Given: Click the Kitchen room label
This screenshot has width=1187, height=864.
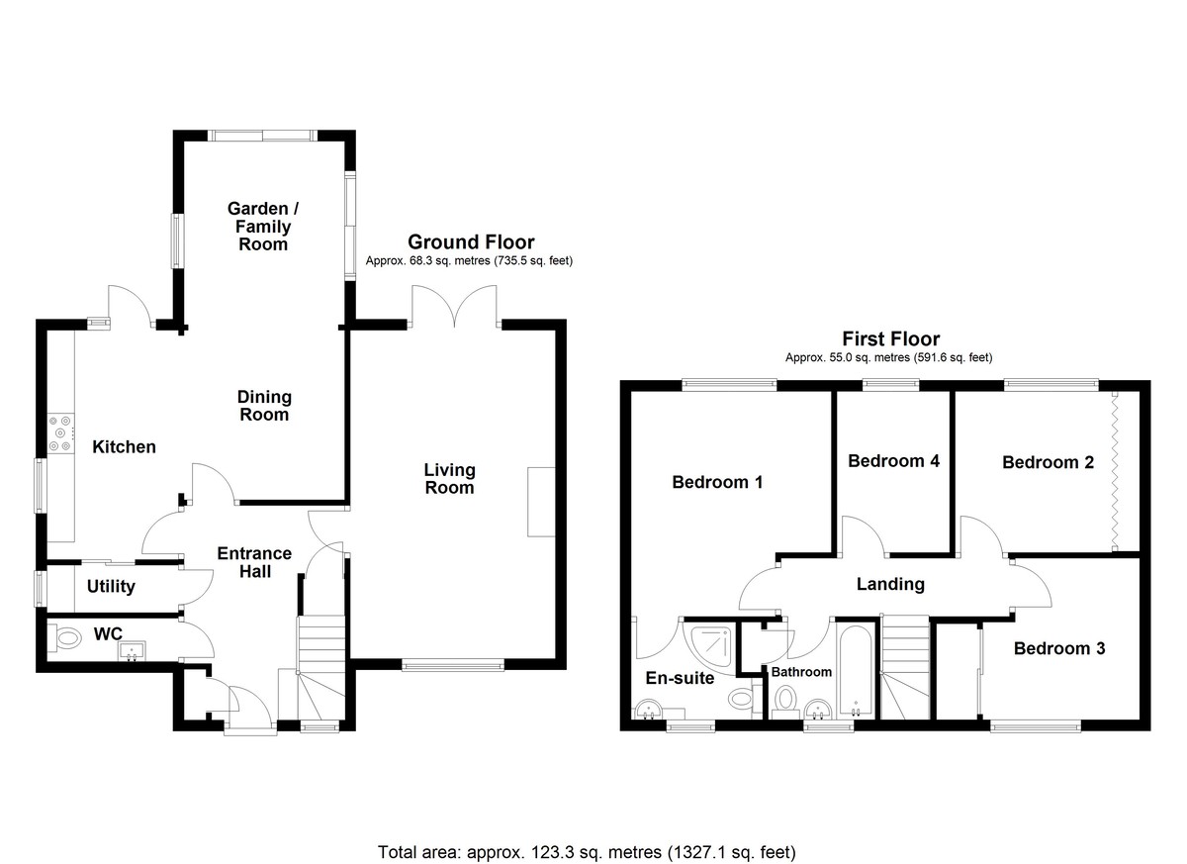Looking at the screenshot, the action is [x=124, y=446].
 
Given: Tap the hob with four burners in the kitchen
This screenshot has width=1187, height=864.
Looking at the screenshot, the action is [x=60, y=433].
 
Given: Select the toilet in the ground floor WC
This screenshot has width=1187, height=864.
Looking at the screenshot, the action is [x=64, y=638].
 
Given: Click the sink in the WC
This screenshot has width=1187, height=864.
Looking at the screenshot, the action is [x=132, y=650].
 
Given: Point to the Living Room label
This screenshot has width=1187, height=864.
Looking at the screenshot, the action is [x=449, y=479].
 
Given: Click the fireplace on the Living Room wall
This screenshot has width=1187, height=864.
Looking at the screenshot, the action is [x=541, y=502].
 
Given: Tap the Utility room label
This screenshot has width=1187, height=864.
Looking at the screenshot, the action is [x=111, y=586].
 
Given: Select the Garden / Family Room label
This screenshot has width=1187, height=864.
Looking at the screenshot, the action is [x=263, y=227].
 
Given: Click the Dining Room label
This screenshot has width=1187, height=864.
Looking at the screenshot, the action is [x=264, y=406].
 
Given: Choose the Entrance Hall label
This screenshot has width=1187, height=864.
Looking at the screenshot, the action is [x=254, y=562].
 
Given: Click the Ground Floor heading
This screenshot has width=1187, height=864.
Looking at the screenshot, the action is [x=471, y=242].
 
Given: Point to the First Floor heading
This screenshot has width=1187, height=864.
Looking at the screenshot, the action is [x=891, y=338].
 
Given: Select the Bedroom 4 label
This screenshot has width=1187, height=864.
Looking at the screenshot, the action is [x=894, y=461].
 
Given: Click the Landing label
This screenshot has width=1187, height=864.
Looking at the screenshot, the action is [x=891, y=584].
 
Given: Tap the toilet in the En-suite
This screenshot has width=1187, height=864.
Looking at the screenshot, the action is [x=741, y=698].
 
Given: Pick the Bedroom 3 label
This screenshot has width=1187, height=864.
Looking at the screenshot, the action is [x=1059, y=648].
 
